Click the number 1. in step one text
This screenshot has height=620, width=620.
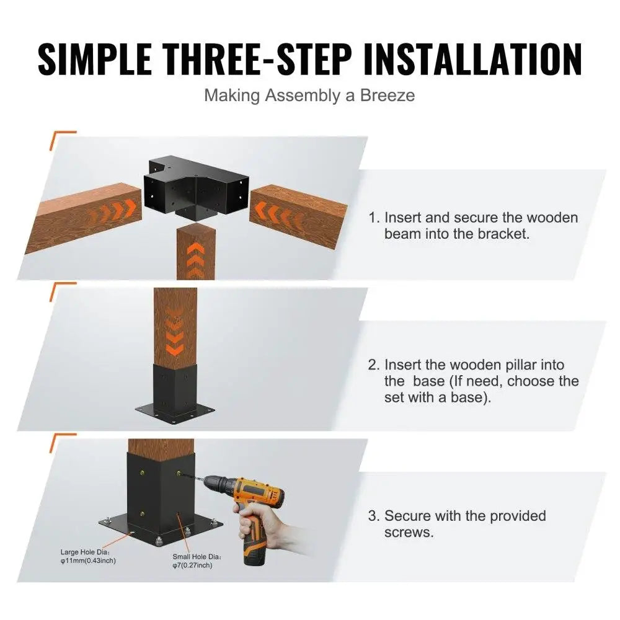374,218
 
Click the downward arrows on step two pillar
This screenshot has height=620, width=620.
175,335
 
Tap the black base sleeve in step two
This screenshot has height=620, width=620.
175,387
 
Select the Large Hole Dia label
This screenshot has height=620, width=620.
87,551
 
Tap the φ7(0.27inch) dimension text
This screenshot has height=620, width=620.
192,566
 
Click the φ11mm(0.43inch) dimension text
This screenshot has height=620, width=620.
87,560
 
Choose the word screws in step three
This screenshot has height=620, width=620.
409,533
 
